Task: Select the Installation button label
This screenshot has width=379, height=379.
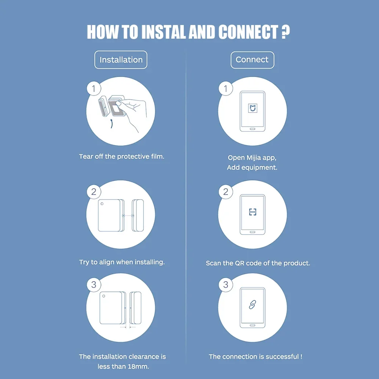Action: pos(121,60)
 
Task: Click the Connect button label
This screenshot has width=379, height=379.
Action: pos(252,60)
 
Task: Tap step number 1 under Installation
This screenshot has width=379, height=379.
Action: pos(94,89)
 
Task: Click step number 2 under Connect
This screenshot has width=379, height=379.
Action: pos(226,192)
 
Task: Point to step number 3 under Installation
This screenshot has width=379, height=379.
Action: pos(94,285)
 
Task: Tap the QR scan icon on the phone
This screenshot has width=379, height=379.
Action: pos(252,212)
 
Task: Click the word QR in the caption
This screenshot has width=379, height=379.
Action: pos(240,263)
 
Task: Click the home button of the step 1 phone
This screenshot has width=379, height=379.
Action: pos(252,129)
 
